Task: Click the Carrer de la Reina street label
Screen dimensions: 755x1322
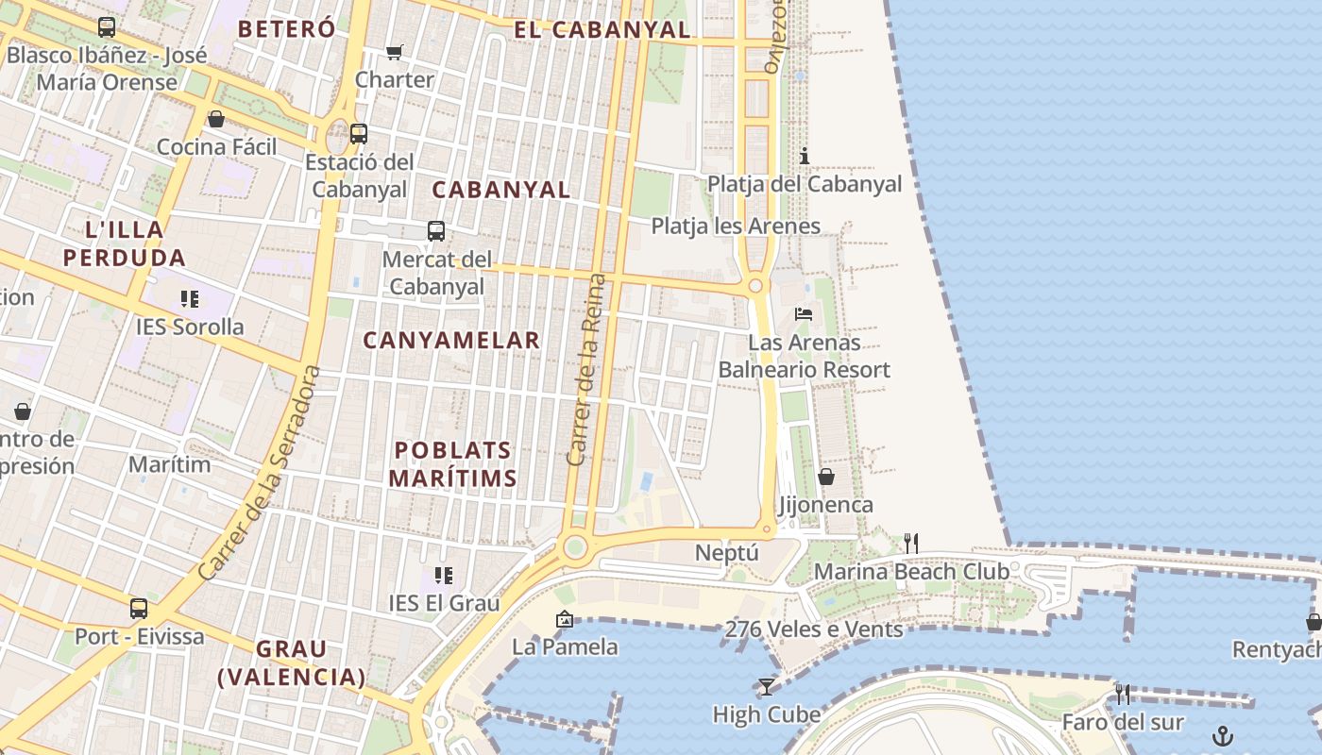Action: coord(585,370)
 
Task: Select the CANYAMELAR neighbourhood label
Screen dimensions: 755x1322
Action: coord(451,340)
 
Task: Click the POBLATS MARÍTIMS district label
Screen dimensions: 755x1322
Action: coord(452,464)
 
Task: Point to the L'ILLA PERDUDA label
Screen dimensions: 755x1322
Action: coord(125,243)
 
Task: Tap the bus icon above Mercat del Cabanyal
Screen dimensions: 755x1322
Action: coord(436,231)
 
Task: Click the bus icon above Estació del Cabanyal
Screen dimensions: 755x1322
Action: coord(359,134)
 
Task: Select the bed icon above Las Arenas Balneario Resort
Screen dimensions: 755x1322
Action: coord(804,314)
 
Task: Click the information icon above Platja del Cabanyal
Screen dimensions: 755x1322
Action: coord(805,156)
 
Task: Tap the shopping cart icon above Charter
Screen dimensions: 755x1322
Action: coord(394,52)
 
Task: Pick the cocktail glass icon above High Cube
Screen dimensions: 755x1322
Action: coord(766,686)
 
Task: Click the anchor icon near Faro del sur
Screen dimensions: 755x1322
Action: coord(1223,735)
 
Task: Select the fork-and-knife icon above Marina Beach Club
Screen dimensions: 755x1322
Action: coord(911,543)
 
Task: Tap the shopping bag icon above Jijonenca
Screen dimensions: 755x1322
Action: coord(826,477)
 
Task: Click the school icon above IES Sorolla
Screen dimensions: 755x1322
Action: coord(190,299)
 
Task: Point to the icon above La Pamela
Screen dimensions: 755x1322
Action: coord(565,619)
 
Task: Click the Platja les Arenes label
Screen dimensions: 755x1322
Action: coord(736,226)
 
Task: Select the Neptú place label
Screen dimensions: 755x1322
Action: coord(728,552)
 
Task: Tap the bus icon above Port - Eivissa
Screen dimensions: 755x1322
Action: coord(139,609)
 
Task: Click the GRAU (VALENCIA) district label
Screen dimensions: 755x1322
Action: coord(292,663)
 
